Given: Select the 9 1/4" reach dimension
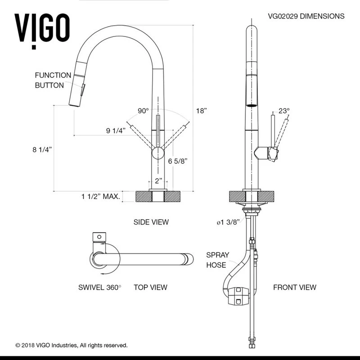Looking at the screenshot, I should [x=116, y=131].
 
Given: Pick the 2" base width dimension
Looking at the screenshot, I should [x=158, y=181].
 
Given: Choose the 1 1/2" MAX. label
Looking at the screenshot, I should [x=100, y=196].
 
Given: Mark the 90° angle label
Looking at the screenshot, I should [x=143, y=111].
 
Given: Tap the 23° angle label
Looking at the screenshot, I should [x=284, y=111].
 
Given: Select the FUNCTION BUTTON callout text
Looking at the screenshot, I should [x=53, y=80].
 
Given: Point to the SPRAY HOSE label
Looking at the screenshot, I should [x=217, y=260].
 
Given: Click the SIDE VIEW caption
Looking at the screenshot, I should [x=151, y=222].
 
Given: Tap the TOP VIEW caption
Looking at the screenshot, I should [x=150, y=287].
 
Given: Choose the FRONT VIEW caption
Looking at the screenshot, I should [x=295, y=287].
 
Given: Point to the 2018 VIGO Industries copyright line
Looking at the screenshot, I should [x=72, y=345].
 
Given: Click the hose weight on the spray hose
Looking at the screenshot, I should [x=238, y=296].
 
